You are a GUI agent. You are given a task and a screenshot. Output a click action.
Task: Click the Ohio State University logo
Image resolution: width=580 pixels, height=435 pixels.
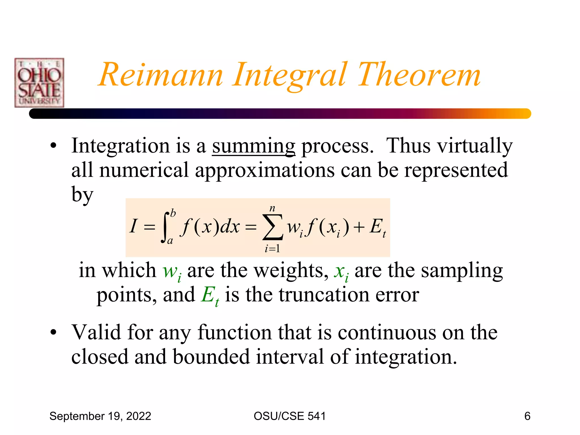pyautogui.click(x=39, y=83)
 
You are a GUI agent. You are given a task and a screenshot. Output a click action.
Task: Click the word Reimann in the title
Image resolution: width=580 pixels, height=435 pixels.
pyautogui.click(x=161, y=75)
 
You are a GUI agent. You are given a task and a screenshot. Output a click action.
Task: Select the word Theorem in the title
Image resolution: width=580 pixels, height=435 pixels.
pyautogui.click(x=419, y=75)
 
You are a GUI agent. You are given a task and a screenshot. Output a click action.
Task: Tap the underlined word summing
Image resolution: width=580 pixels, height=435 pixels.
pyautogui.click(x=253, y=146)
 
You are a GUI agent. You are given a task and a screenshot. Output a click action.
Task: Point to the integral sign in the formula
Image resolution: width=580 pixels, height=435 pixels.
pyautogui.click(x=166, y=227)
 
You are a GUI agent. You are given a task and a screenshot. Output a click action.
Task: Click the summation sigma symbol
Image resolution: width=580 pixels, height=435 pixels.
pyautogui.click(x=272, y=227)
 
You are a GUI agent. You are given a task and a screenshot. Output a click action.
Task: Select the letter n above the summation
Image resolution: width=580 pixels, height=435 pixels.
pyautogui.click(x=272, y=208)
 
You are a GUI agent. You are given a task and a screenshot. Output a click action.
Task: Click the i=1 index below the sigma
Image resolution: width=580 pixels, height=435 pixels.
pyautogui.click(x=272, y=249)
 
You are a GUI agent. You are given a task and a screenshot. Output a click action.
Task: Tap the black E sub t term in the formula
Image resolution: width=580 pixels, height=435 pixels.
pyautogui.click(x=378, y=228)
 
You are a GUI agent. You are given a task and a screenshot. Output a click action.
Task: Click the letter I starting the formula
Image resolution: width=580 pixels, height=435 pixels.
pyautogui.click(x=133, y=227)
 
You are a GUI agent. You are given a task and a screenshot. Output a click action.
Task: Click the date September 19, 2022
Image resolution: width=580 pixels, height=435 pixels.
pyautogui.click(x=100, y=416)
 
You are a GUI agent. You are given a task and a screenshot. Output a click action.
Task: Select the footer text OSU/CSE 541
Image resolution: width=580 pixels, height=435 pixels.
pyautogui.click(x=290, y=416)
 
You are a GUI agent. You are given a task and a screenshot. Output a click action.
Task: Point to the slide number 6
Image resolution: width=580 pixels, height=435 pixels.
pyautogui.click(x=527, y=416)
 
